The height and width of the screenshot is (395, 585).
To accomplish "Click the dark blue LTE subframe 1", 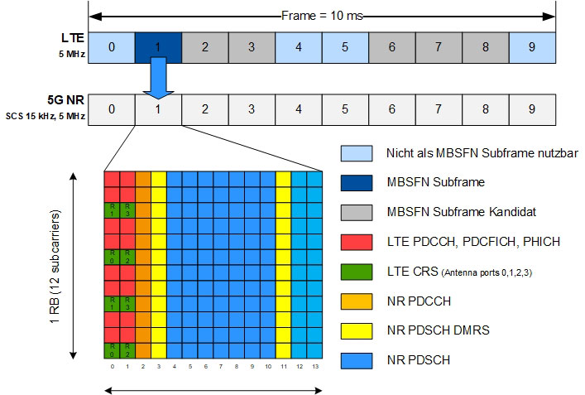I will [x=157, y=47].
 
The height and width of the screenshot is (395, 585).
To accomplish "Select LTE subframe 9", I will [x=532, y=47].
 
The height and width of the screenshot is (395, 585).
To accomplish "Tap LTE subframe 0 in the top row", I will [x=111, y=47].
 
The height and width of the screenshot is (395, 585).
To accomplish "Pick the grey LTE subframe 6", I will [x=391, y=47].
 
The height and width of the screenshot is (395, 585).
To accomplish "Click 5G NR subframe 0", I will [x=111, y=109].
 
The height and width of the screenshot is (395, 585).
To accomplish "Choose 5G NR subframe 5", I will [x=345, y=109].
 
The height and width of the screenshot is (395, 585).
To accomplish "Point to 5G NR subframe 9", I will [x=532, y=109].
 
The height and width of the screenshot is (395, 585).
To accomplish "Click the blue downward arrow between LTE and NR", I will [x=157, y=79].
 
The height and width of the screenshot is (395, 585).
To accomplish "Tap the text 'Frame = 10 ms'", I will [x=323, y=16].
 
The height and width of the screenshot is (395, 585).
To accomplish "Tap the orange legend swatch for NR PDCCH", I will [x=356, y=299].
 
